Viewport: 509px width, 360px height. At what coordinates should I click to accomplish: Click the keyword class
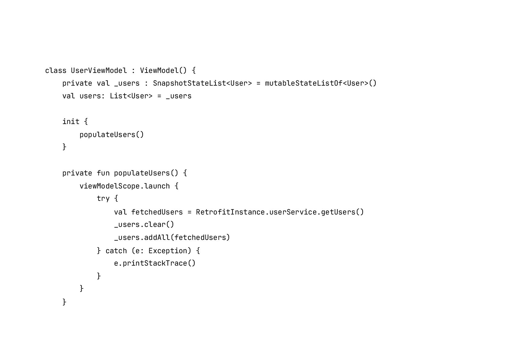point(56,70)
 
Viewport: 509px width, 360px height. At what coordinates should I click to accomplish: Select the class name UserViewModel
point(99,70)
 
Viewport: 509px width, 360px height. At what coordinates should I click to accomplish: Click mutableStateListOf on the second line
point(304,83)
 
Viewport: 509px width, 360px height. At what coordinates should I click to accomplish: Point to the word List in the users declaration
point(118,96)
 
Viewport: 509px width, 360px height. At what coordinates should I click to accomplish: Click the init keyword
point(71,122)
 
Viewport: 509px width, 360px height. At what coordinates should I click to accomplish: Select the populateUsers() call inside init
point(112,135)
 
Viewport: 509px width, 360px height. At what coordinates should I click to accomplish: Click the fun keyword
point(103,173)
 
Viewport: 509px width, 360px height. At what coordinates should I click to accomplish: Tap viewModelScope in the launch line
point(109,186)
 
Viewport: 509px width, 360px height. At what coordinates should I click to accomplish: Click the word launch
point(157,186)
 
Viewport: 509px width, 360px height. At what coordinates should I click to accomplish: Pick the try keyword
point(103,198)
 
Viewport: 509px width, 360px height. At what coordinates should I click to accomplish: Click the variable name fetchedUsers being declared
point(157,212)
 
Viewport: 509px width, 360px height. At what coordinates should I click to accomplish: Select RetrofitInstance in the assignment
point(230,212)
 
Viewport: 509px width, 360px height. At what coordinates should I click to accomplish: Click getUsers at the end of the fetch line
point(338,212)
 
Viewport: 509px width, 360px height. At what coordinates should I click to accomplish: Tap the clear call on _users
point(155,224)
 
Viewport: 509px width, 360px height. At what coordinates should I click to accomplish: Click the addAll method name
point(157,237)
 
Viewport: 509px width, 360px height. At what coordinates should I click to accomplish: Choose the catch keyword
point(116,251)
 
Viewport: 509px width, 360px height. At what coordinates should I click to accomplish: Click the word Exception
point(168,251)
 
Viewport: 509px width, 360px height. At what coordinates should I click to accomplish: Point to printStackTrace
point(155,263)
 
